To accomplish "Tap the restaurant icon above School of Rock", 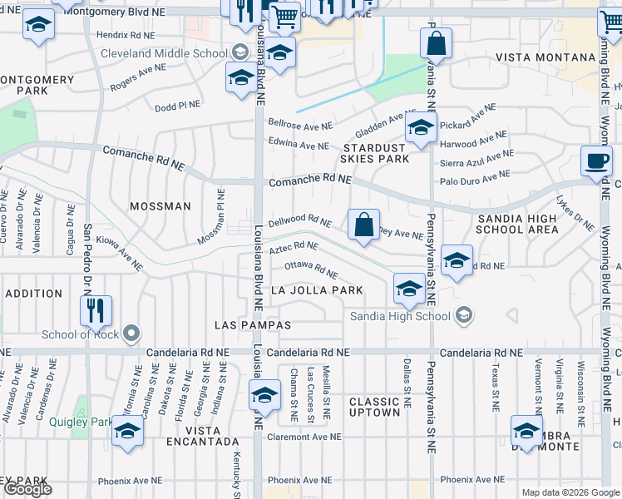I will point(96,311).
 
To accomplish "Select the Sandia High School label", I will point(399,316).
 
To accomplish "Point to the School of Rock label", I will point(80,335).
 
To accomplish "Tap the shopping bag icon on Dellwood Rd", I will point(363,225).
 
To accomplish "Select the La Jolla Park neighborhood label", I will point(318,290).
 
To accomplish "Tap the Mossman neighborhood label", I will point(160,205).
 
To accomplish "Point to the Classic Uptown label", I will point(374,408).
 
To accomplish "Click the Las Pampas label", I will point(253,324).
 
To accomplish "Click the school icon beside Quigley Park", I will point(126,432).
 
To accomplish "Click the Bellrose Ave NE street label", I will point(299,123).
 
